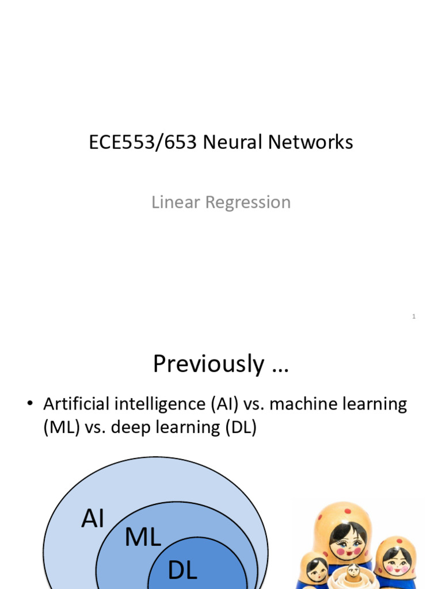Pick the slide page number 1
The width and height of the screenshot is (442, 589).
(x=414, y=316)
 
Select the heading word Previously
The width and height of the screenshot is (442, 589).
(x=208, y=364)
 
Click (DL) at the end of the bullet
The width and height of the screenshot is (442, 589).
(x=241, y=429)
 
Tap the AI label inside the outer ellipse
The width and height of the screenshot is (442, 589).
(x=93, y=519)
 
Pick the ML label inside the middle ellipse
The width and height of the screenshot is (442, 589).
(x=143, y=538)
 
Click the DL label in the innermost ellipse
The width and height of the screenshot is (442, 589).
(x=182, y=571)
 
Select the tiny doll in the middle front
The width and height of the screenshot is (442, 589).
(x=353, y=571)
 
